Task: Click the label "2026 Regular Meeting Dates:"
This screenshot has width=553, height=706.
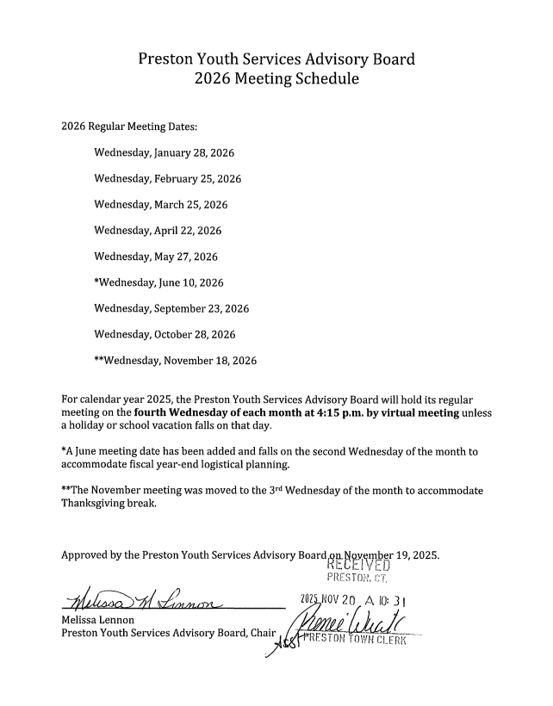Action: tap(129, 127)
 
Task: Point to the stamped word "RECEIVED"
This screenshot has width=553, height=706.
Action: tap(360, 566)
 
